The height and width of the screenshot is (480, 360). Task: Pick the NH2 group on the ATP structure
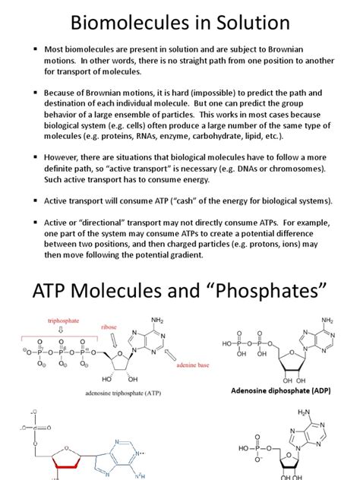[x=159, y=321]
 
